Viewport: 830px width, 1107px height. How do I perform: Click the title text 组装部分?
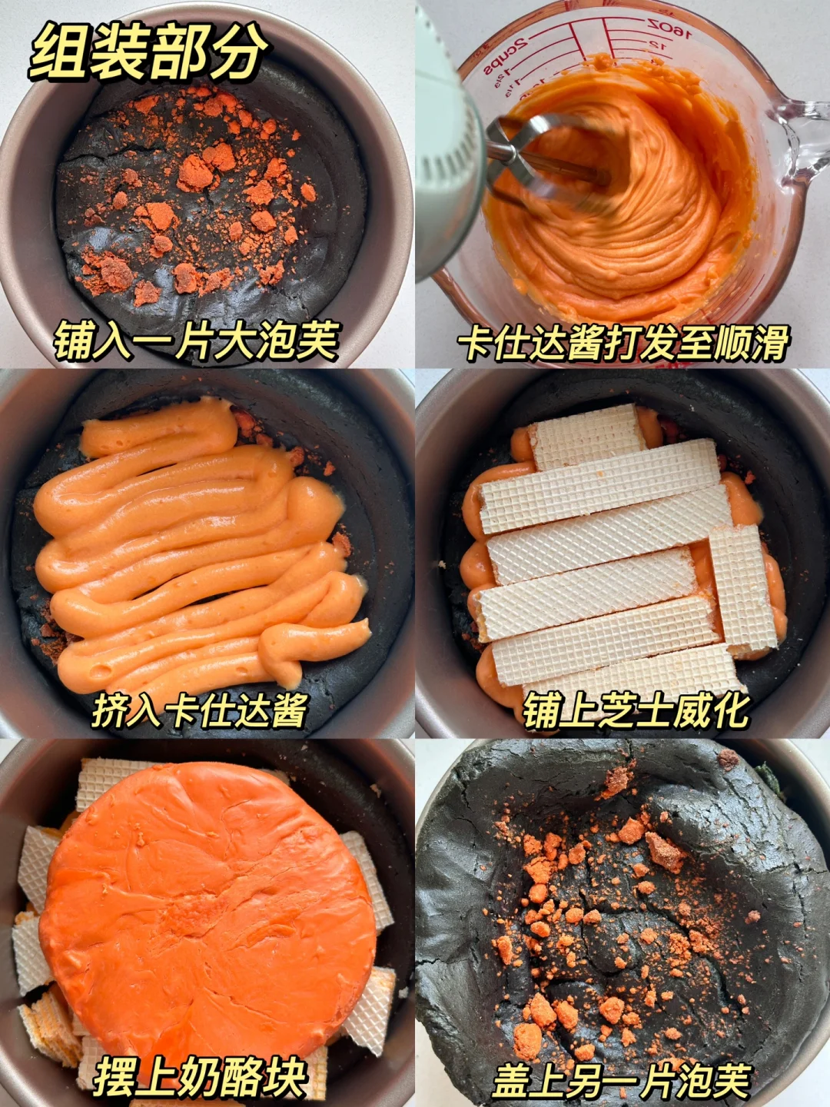(148, 52)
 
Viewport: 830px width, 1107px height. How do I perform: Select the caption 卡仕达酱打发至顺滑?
(622, 341)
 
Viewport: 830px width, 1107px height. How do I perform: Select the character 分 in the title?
(241, 52)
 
